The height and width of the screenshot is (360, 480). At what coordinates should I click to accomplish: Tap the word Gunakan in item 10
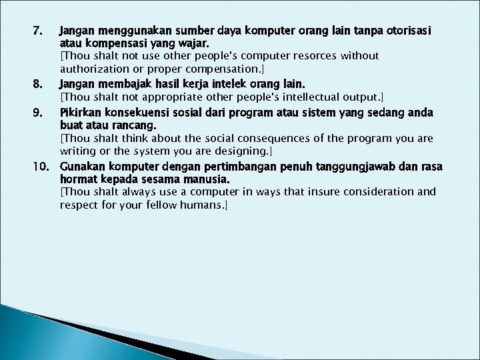[x=81, y=166]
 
